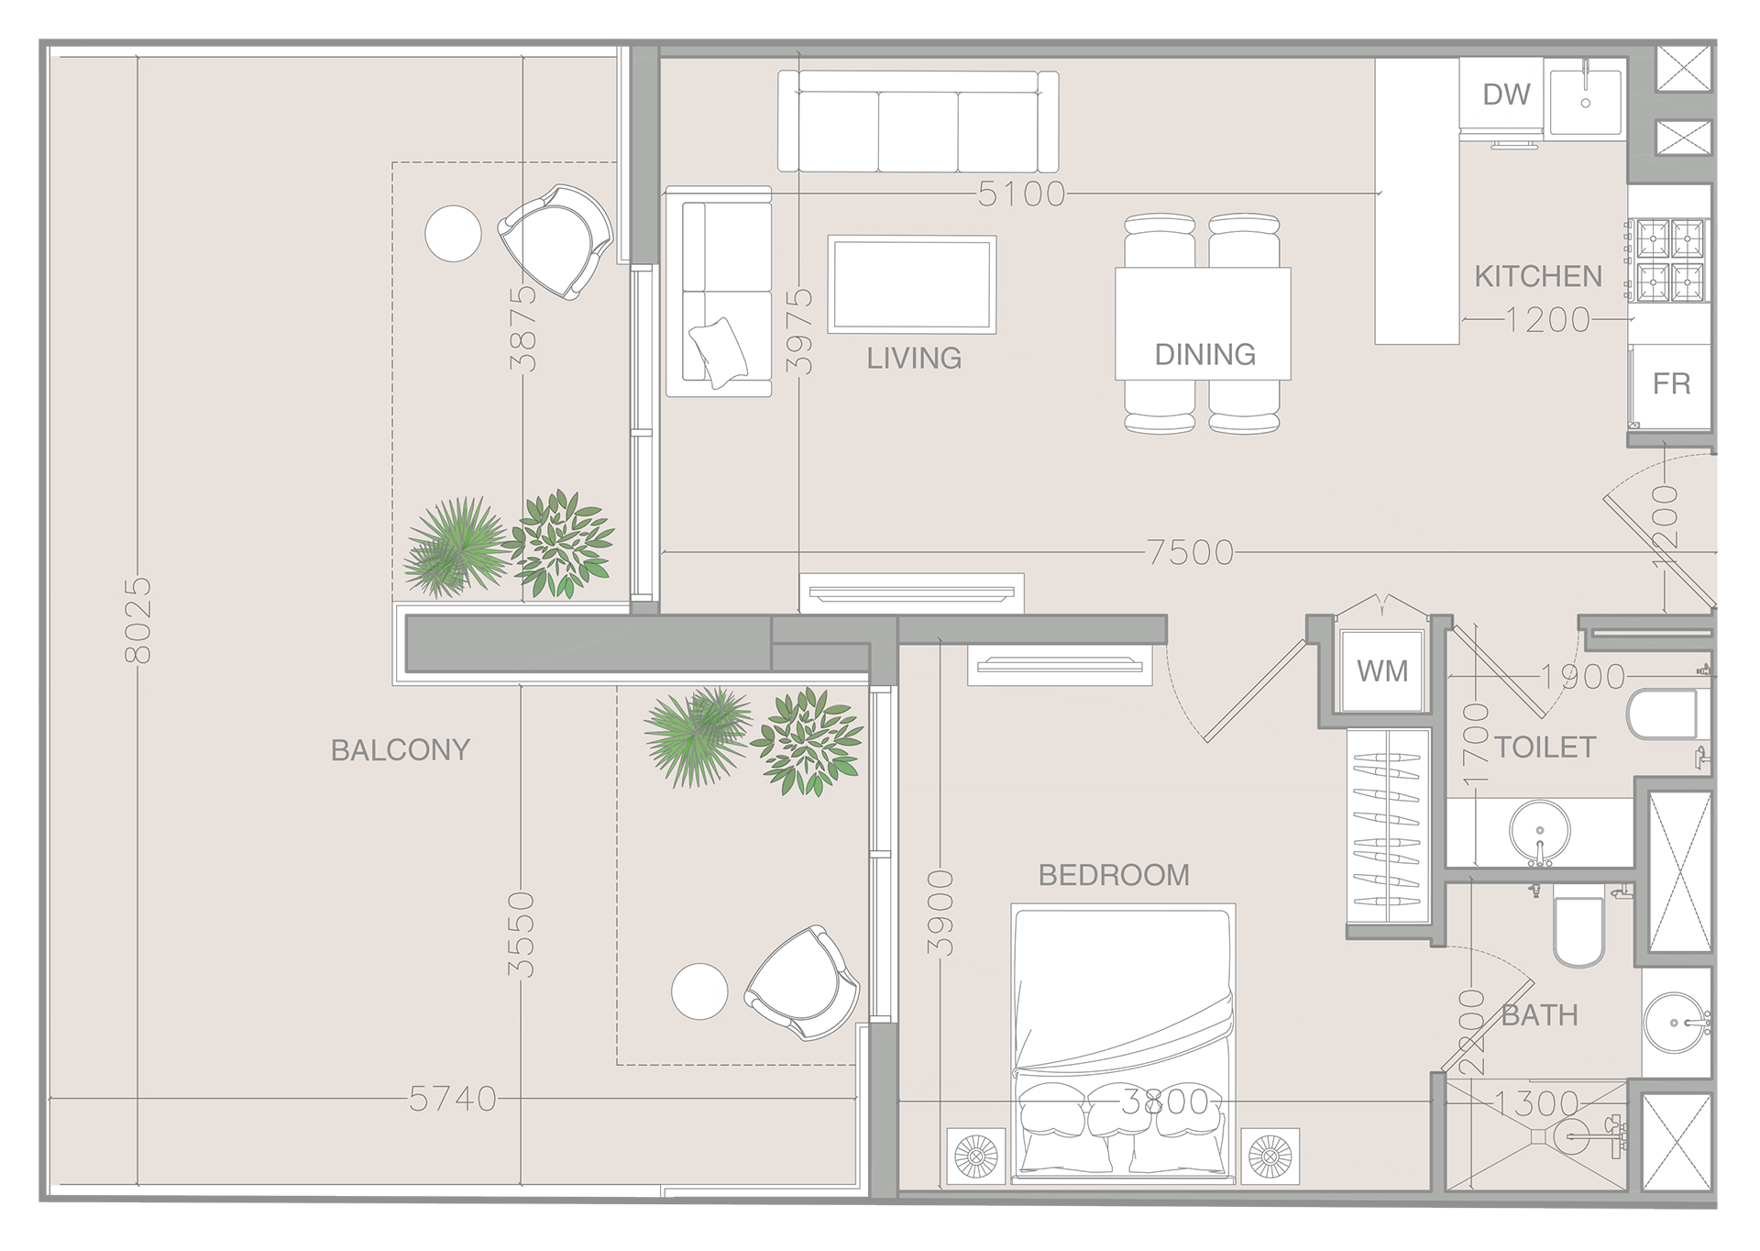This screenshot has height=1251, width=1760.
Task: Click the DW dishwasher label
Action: pyautogui.click(x=1506, y=94)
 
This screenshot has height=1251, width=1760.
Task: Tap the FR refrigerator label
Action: pyautogui.click(x=1671, y=383)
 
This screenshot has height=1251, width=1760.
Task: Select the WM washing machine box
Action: pyautogui.click(x=1381, y=671)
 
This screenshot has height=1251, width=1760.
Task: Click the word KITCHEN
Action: pyautogui.click(x=1538, y=276)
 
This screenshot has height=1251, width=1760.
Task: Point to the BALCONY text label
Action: pyautogui.click(x=400, y=750)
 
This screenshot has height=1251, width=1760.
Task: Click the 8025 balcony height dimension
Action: pyautogui.click(x=137, y=620)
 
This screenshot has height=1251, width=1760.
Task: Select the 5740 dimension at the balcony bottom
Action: pyautogui.click(x=452, y=1099)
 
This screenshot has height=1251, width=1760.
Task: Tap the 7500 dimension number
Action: pyautogui.click(x=1190, y=552)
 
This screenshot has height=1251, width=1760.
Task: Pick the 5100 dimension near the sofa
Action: pyautogui.click(x=1021, y=194)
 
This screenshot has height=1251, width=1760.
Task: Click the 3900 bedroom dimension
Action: pyautogui.click(x=940, y=913)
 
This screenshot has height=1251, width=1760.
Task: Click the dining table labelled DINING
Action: pyautogui.click(x=1203, y=324)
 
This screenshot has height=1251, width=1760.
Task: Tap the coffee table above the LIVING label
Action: pyautogui.click(x=911, y=284)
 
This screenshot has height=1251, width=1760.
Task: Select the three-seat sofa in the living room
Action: pyautogui.click(x=918, y=122)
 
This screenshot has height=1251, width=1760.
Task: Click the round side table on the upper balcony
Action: pyautogui.click(x=453, y=233)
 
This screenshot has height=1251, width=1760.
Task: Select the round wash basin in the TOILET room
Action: pyautogui.click(x=1539, y=831)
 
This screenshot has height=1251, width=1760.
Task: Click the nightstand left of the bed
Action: pyautogui.click(x=975, y=1155)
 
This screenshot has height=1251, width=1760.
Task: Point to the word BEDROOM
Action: pyautogui.click(x=1113, y=875)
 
